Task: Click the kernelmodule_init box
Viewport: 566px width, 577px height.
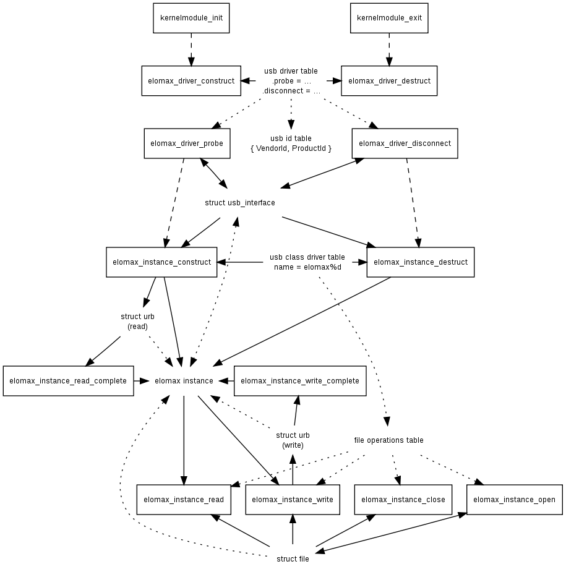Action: (x=191, y=18)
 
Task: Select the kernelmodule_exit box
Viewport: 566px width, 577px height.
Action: (x=389, y=18)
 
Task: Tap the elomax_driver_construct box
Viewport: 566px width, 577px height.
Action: (x=191, y=81)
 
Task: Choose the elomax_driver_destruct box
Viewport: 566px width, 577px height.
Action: (x=389, y=81)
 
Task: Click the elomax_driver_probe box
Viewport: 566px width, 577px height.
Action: (x=187, y=143)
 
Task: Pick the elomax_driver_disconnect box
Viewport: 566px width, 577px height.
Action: (x=405, y=143)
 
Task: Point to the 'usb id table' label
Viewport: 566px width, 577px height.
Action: (x=291, y=139)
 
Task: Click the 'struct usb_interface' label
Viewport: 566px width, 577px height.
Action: (x=239, y=203)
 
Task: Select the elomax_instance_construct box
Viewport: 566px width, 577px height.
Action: (x=161, y=262)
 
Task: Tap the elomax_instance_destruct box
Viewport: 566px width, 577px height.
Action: (x=420, y=262)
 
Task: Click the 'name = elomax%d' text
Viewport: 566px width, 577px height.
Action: (x=307, y=267)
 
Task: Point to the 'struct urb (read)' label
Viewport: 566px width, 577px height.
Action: (x=137, y=322)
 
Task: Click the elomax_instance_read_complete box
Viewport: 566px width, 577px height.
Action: (x=68, y=381)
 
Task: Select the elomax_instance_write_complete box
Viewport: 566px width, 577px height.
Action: (x=299, y=381)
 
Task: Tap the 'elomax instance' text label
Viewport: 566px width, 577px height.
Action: (x=184, y=381)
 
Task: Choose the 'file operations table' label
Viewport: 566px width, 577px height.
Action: (x=388, y=440)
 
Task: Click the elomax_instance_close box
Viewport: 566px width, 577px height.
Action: (x=403, y=500)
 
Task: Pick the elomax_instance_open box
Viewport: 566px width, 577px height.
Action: (x=514, y=500)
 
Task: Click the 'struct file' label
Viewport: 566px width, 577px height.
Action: (x=293, y=559)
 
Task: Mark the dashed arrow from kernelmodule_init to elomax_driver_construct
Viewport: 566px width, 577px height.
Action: (x=191, y=49)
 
